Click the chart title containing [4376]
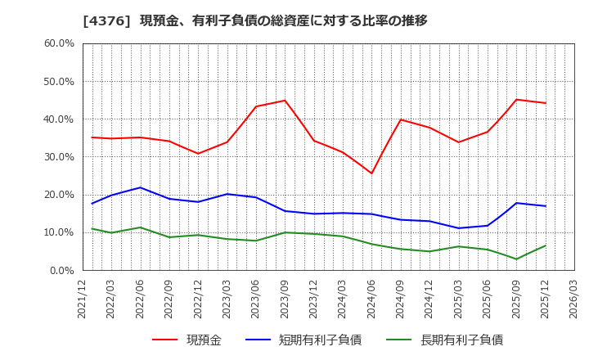(254, 20)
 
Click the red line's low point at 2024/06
(371, 173)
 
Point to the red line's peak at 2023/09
(285, 101)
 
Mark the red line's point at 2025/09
(516, 100)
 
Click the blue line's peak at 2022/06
(140, 187)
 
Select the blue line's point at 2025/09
(516, 203)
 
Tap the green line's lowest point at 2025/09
(516, 259)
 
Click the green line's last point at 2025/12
(545, 245)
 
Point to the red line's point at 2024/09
(400, 119)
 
